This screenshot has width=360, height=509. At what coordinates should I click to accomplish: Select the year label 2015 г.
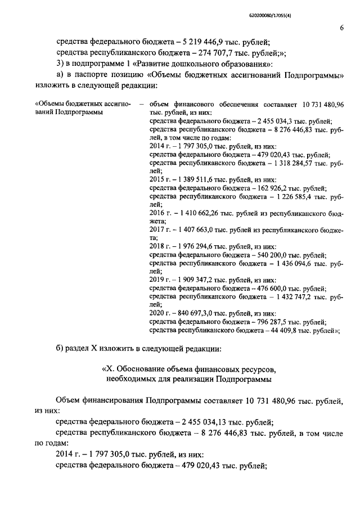coord(159,179)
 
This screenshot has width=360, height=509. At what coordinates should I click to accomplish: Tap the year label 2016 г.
coord(159,214)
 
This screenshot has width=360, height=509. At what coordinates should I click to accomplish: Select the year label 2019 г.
coord(159,280)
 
